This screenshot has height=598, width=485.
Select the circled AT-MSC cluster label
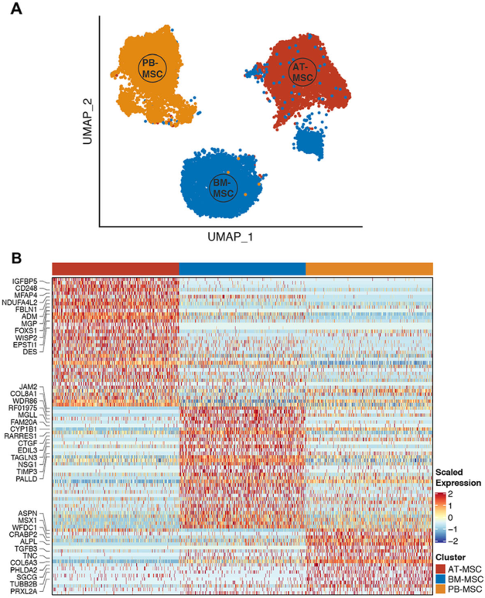301,73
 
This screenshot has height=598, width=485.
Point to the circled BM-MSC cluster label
223,186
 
